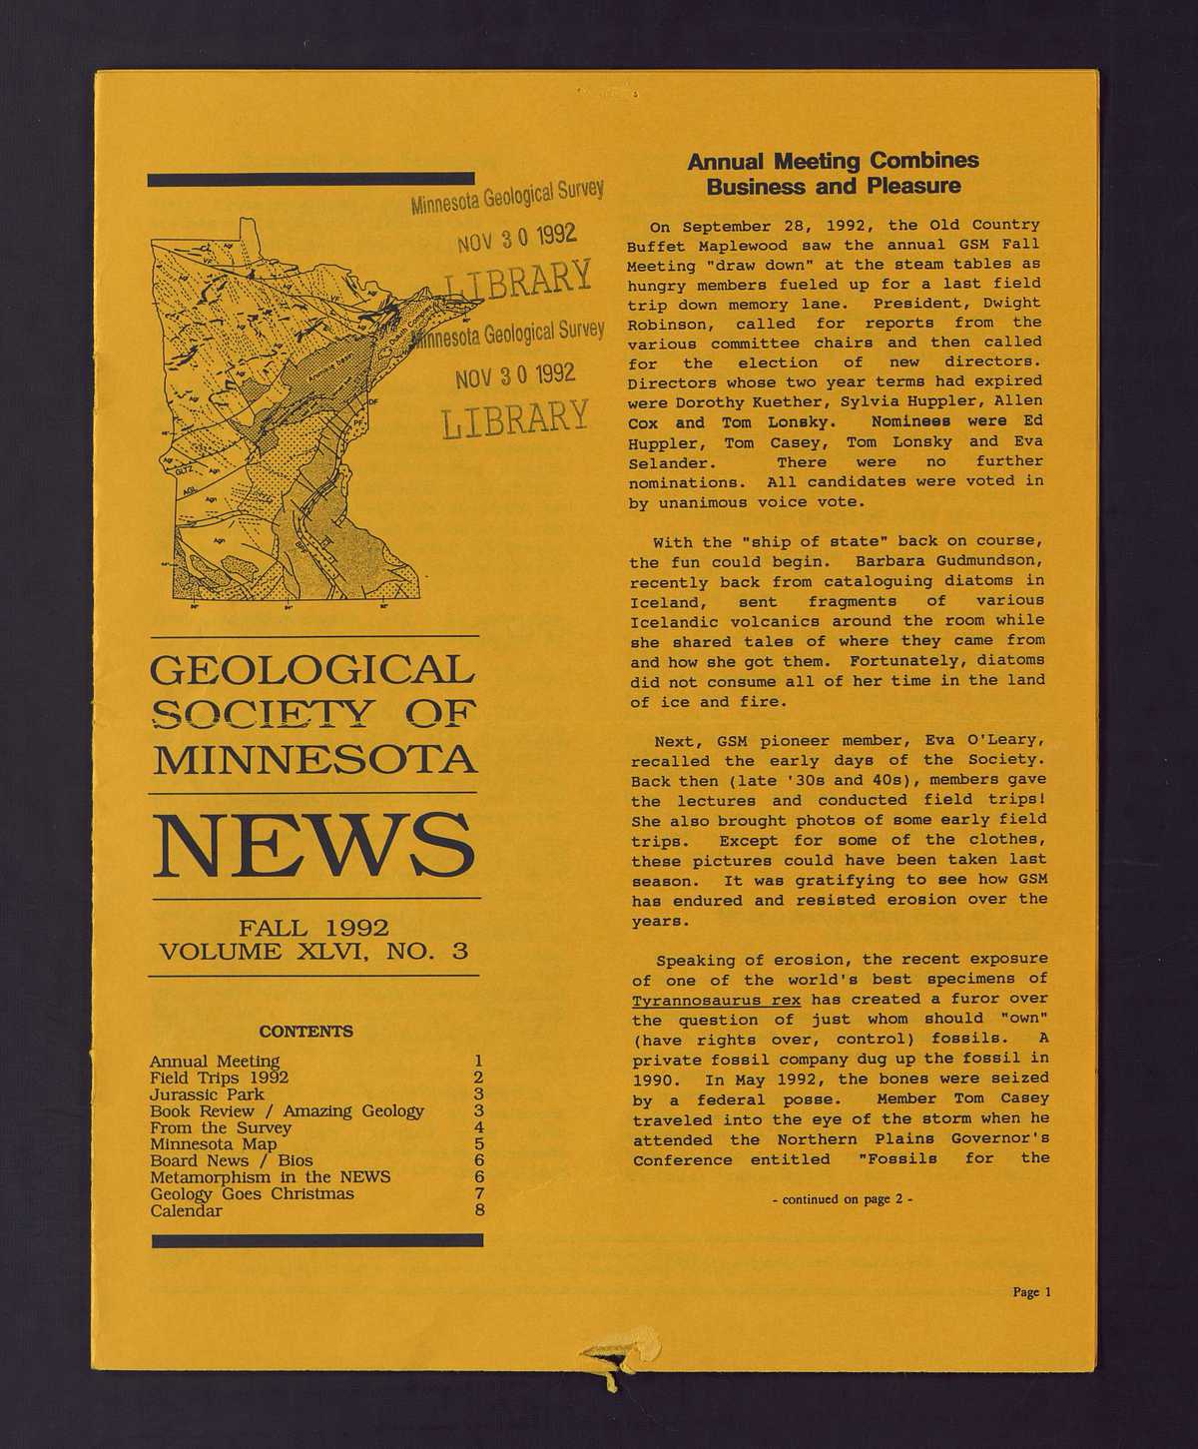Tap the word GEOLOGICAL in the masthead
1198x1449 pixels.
[x=311, y=670]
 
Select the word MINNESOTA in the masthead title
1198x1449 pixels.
[x=313, y=760]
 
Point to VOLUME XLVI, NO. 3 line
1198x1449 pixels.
[x=313, y=951]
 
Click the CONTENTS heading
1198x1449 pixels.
[x=305, y=1031]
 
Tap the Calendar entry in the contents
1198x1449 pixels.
[x=186, y=1211]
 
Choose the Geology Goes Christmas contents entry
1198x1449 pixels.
[x=252, y=1194]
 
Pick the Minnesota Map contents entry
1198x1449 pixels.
[x=213, y=1144]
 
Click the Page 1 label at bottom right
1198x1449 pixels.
[x=1031, y=1292]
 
